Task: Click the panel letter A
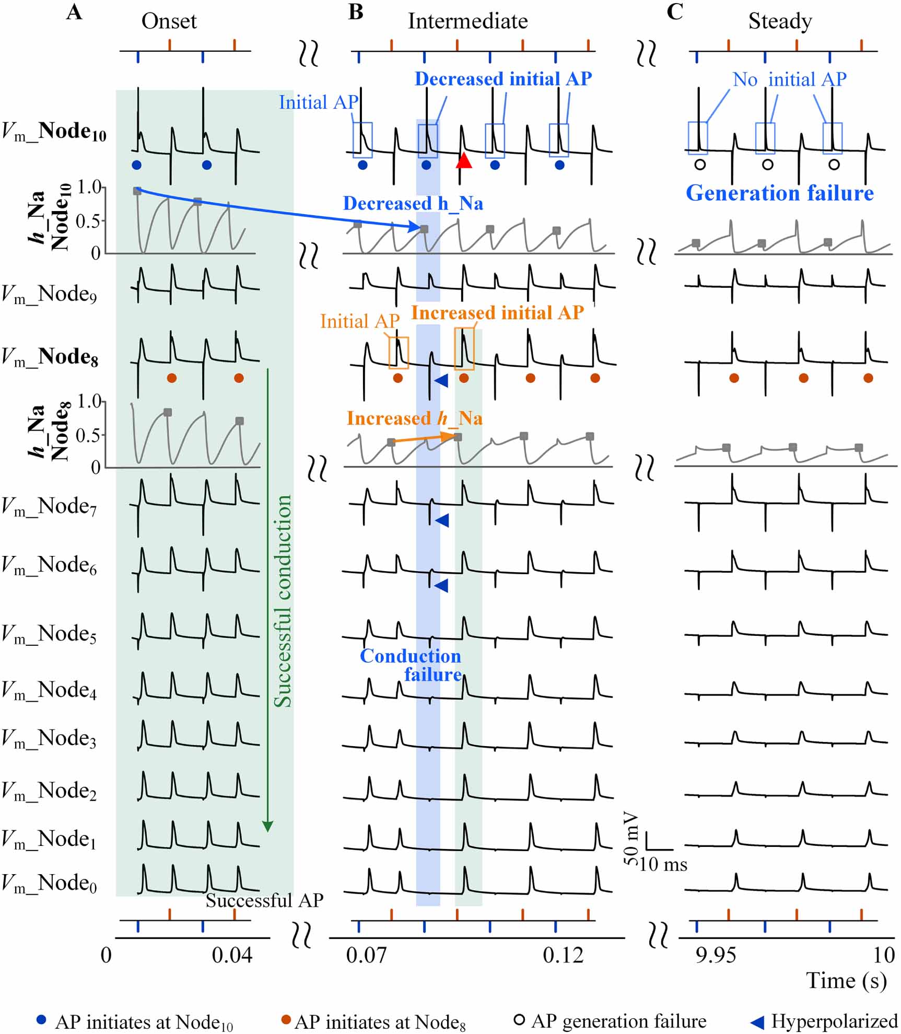74,11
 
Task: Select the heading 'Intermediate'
467,21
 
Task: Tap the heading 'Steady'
780,21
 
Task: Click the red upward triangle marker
463,160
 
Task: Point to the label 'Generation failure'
779,193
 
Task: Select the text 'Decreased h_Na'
413,203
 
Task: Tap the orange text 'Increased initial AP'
497,312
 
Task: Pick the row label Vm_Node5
49,634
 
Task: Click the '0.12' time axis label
563,956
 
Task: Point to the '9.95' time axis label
716,956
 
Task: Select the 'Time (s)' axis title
846,980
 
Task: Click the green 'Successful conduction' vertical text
283,601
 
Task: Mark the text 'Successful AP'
264,900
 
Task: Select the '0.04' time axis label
232,956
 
